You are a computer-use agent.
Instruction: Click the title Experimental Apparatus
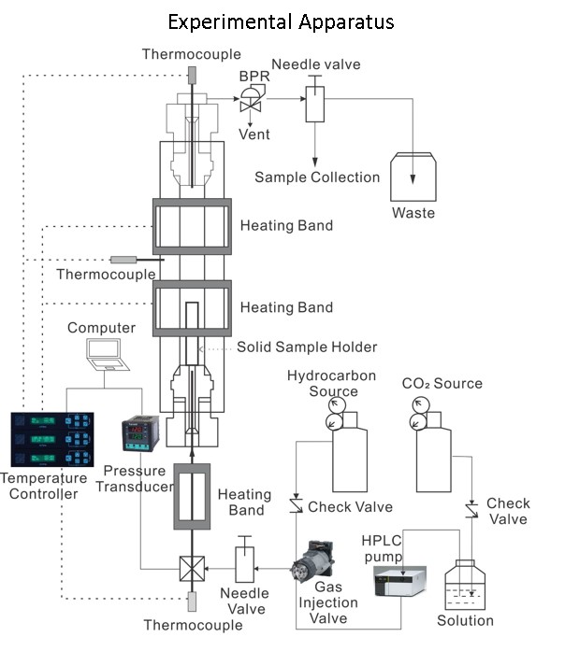282,21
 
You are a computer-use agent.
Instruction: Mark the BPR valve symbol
251,95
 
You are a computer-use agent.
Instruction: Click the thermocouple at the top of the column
192,74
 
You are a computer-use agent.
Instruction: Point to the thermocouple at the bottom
192,601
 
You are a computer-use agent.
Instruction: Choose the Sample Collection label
317,177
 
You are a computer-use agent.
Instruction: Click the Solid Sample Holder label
307,347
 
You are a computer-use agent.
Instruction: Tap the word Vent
254,134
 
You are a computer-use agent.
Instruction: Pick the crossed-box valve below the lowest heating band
192,567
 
